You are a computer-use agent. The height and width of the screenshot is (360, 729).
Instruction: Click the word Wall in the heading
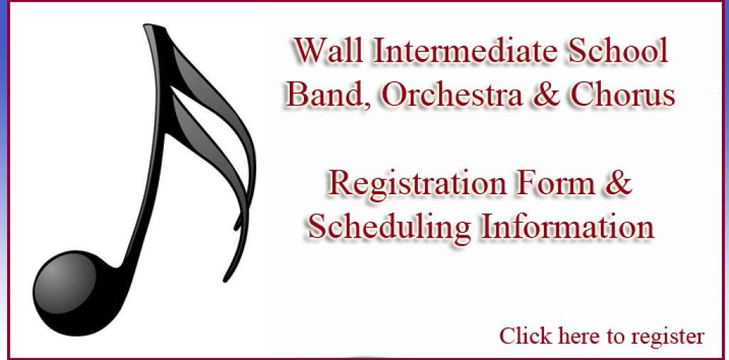click(328, 51)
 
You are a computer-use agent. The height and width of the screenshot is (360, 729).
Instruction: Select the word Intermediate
click(466, 51)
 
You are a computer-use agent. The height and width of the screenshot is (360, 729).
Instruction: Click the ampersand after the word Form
click(619, 183)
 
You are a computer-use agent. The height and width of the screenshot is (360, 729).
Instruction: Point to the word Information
click(567, 226)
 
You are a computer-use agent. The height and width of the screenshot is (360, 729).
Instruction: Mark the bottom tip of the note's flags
click(226, 280)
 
